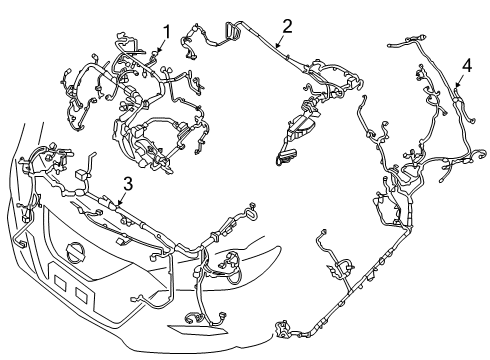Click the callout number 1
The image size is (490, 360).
[x=167, y=30]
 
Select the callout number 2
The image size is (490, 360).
[x=287, y=26]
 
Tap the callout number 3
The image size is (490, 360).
[x=128, y=182]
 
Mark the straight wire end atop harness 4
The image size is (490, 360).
[x=405, y=45]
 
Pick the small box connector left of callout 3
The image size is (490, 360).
[x=76, y=179]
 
